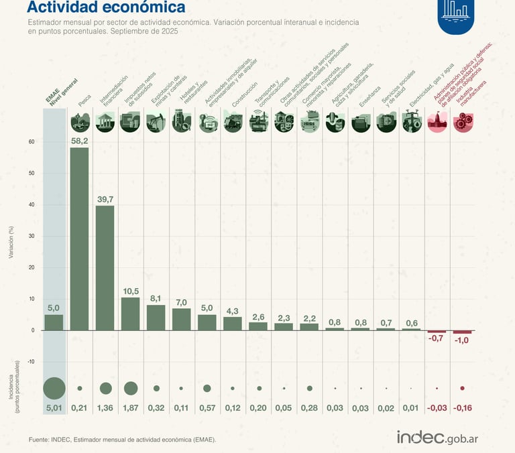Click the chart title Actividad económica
pyautogui.click(x=106, y=8)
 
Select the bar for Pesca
pyautogui.click(x=80, y=239)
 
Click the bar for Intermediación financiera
pyautogui.click(x=105, y=268)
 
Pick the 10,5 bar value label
pyautogui.click(x=131, y=292)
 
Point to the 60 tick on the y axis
pyautogui.click(x=31, y=141)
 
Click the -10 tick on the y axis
pyautogui.click(x=30, y=361)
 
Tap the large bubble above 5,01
pyautogui.click(x=54, y=388)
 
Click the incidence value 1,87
pyautogui.click(x=131, y=408)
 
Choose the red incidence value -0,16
pyautogui.click(x=462, y=408)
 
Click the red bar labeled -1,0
pyautogui.click(x=462, y=332)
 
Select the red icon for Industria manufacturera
pyautogui.click(x=462, y=122)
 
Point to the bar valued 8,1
pyautogui.click(x=156, y=318)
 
